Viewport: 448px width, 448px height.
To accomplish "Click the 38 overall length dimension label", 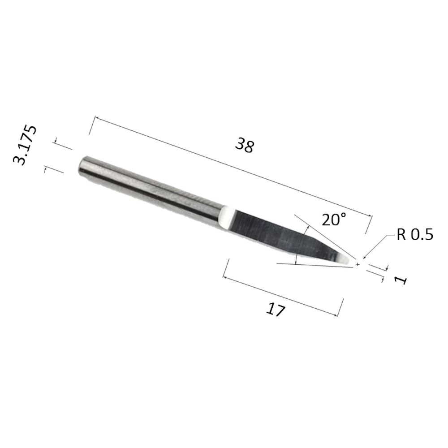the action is click(245, 146).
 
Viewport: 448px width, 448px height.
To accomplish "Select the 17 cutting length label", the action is click(276, 310).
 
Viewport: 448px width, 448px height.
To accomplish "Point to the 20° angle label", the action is click(334, 219).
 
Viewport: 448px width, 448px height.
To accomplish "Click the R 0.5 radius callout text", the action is click(415, 235).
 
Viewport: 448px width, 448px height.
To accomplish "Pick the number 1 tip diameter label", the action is click(401, 280).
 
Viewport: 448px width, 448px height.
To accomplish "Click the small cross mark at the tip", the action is click(358, 265).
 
